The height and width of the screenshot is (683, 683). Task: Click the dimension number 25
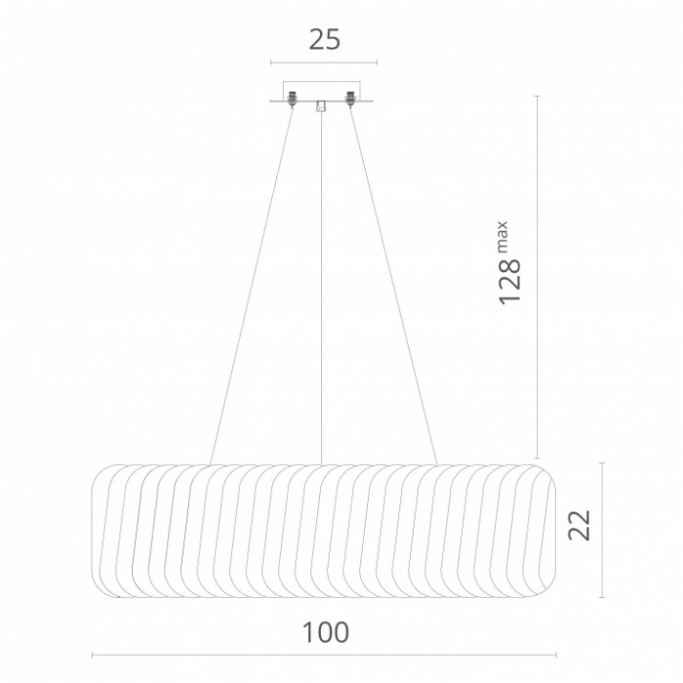(x=325, y=39)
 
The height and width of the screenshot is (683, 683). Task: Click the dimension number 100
(x=325, y=632)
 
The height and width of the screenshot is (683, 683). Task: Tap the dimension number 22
(x=579, y=525)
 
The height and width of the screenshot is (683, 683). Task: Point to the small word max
(x=502, y=237)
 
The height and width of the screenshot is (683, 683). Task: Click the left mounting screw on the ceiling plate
(x=292, y=99)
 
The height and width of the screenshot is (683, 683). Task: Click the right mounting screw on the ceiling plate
(x=349, y=99)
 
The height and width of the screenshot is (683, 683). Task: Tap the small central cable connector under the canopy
(x=321, y=105)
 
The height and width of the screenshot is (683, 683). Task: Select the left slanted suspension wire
(x=252, y=285)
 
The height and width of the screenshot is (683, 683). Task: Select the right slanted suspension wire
(x=393, y=285)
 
